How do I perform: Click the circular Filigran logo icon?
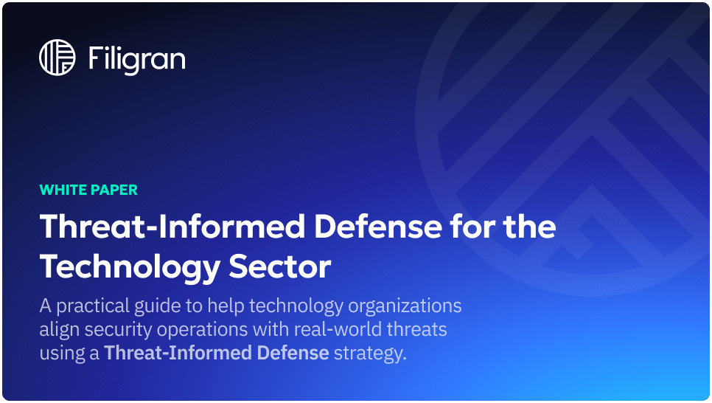pyautogui.click(x=57, y=58)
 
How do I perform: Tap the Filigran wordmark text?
pyautogui.click(x=137, y=60)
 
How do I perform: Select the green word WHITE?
pyautogui.click(x=61, y=190)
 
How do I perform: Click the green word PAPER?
pyautogui.click(x=112, y=190)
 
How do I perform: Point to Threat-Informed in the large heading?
pyautogui.click(x=172, y=227)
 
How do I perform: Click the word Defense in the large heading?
pyautogui.click(x=378, y=227)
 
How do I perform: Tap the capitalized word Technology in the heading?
pyautogui.click(x=130, y=267)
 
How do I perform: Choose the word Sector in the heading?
pyautogui.click(x=280, y=266)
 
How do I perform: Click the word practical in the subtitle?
pyautogui.click(x=93, y=306)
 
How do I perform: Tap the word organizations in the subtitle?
pyautogui.click(x=405, y=306)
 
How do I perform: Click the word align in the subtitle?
pyautogui.click(x=60, y=330)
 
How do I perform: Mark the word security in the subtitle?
pyautogui.click(x=118, y=330)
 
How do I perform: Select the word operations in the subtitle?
pyautogui.click(x=202, y=330)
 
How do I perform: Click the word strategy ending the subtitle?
pyautogui.click(x=370, y=354)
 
